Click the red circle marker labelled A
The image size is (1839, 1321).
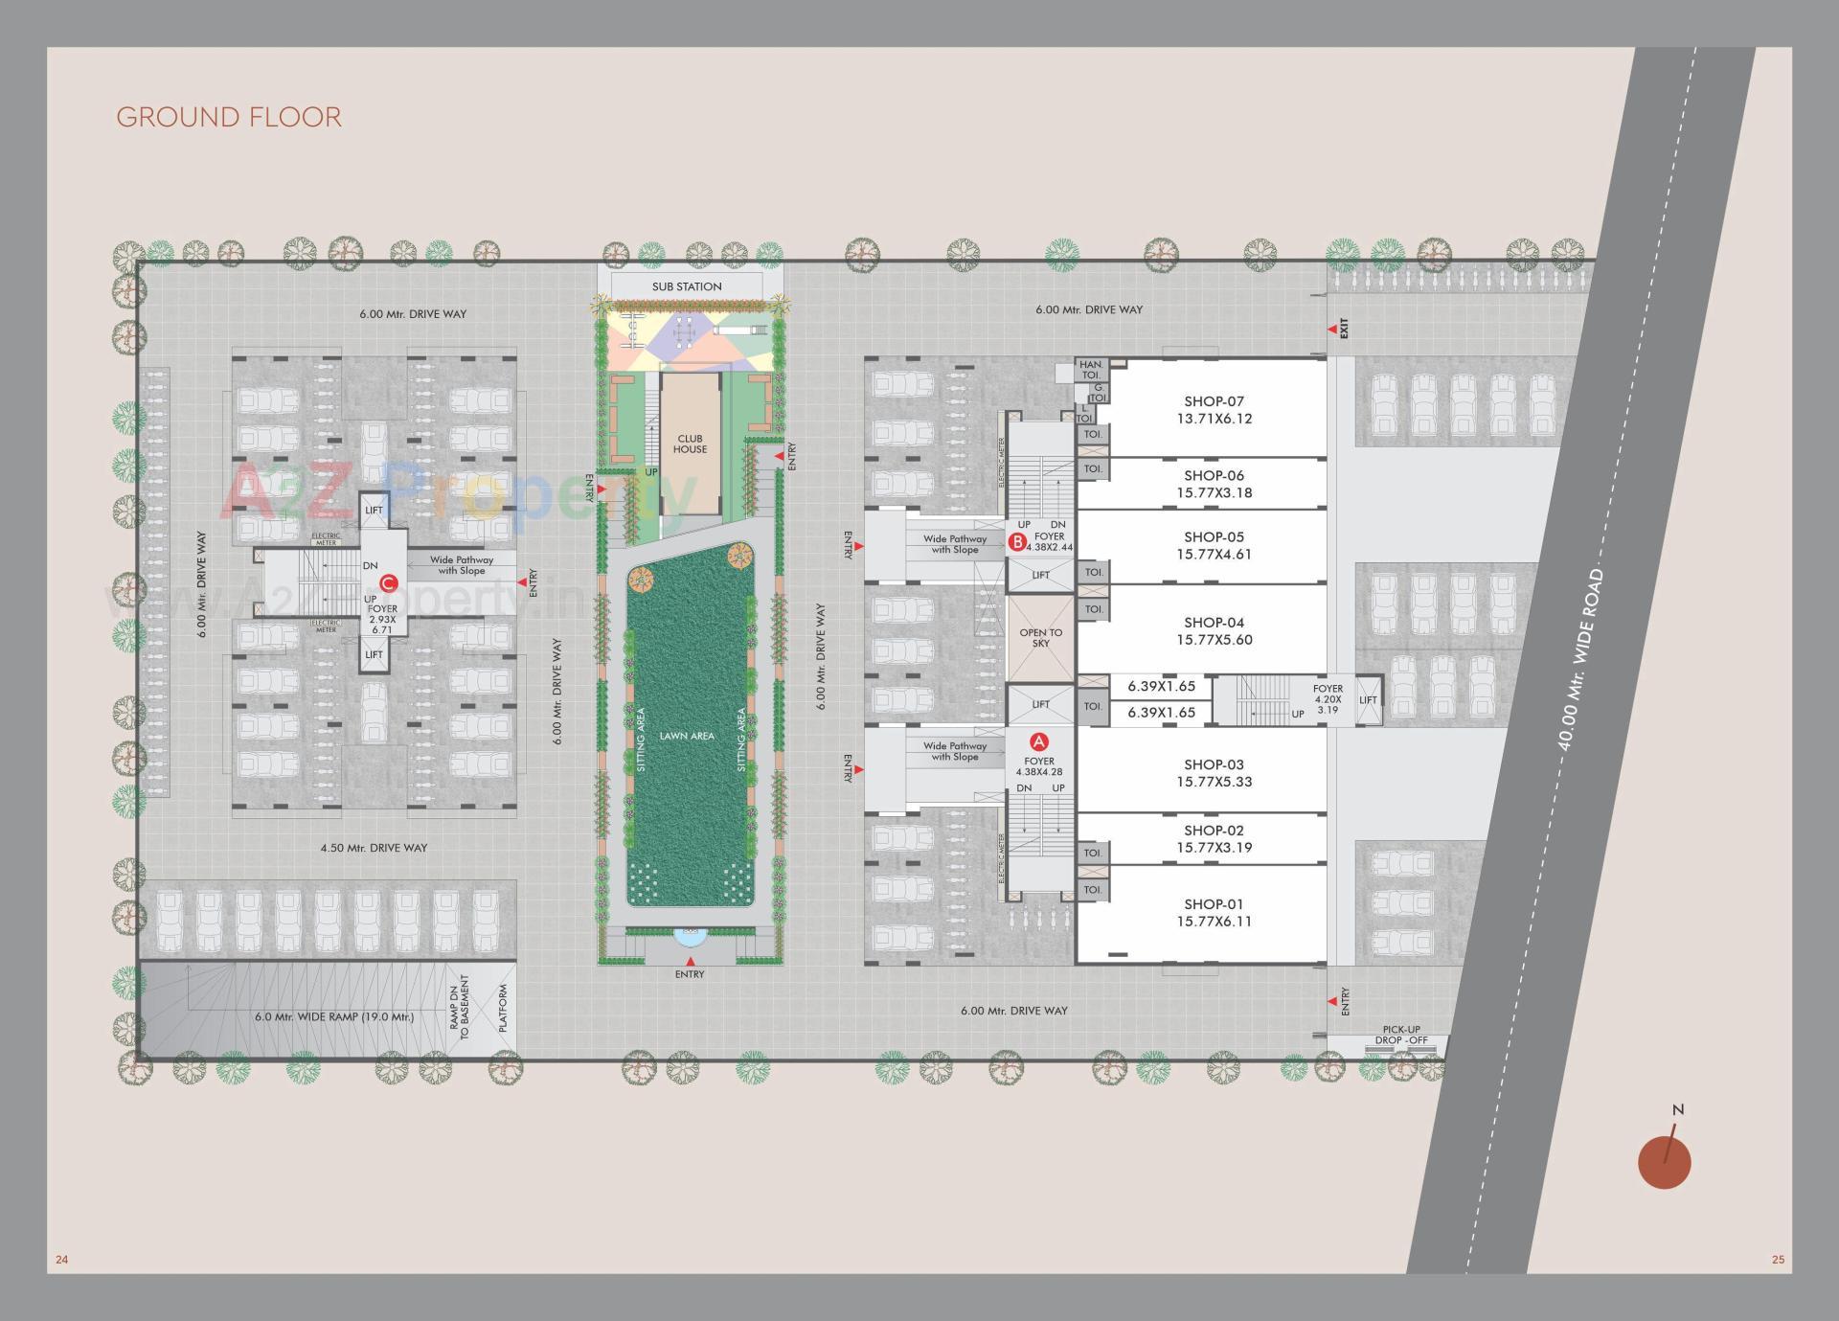(x=1039, y=741)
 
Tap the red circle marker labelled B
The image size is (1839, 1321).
(x=1018, y=542)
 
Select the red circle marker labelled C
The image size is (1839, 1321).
(x=388, y=583)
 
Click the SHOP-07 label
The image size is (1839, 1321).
(x=1214, y=410)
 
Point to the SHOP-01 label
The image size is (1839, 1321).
(x=1214, y=912)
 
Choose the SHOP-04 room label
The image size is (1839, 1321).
(x=1214, y=630)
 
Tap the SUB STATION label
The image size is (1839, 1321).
(x=687, y=286)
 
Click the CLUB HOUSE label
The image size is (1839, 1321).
(x=690, y=444)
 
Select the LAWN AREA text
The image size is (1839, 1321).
(x=687, y=736)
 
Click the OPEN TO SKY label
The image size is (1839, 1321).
(x=1040, y=638)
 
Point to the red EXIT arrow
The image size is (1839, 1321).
(x=1331, y=330)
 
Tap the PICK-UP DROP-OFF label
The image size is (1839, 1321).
(x=1401, y=1035)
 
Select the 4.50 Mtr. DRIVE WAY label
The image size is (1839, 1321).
(x=374, y=848)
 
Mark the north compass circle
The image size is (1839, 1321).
(x=1664, y=1162)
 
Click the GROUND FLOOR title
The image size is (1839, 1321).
(x=229, y=117)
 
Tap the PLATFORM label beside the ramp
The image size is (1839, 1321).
(x=502, y=1008)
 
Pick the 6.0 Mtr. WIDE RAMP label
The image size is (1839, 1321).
(x=334, y=1016)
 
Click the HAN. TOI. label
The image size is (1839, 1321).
(x=1091, y=370)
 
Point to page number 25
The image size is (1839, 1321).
(x=1778, y=1260)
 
